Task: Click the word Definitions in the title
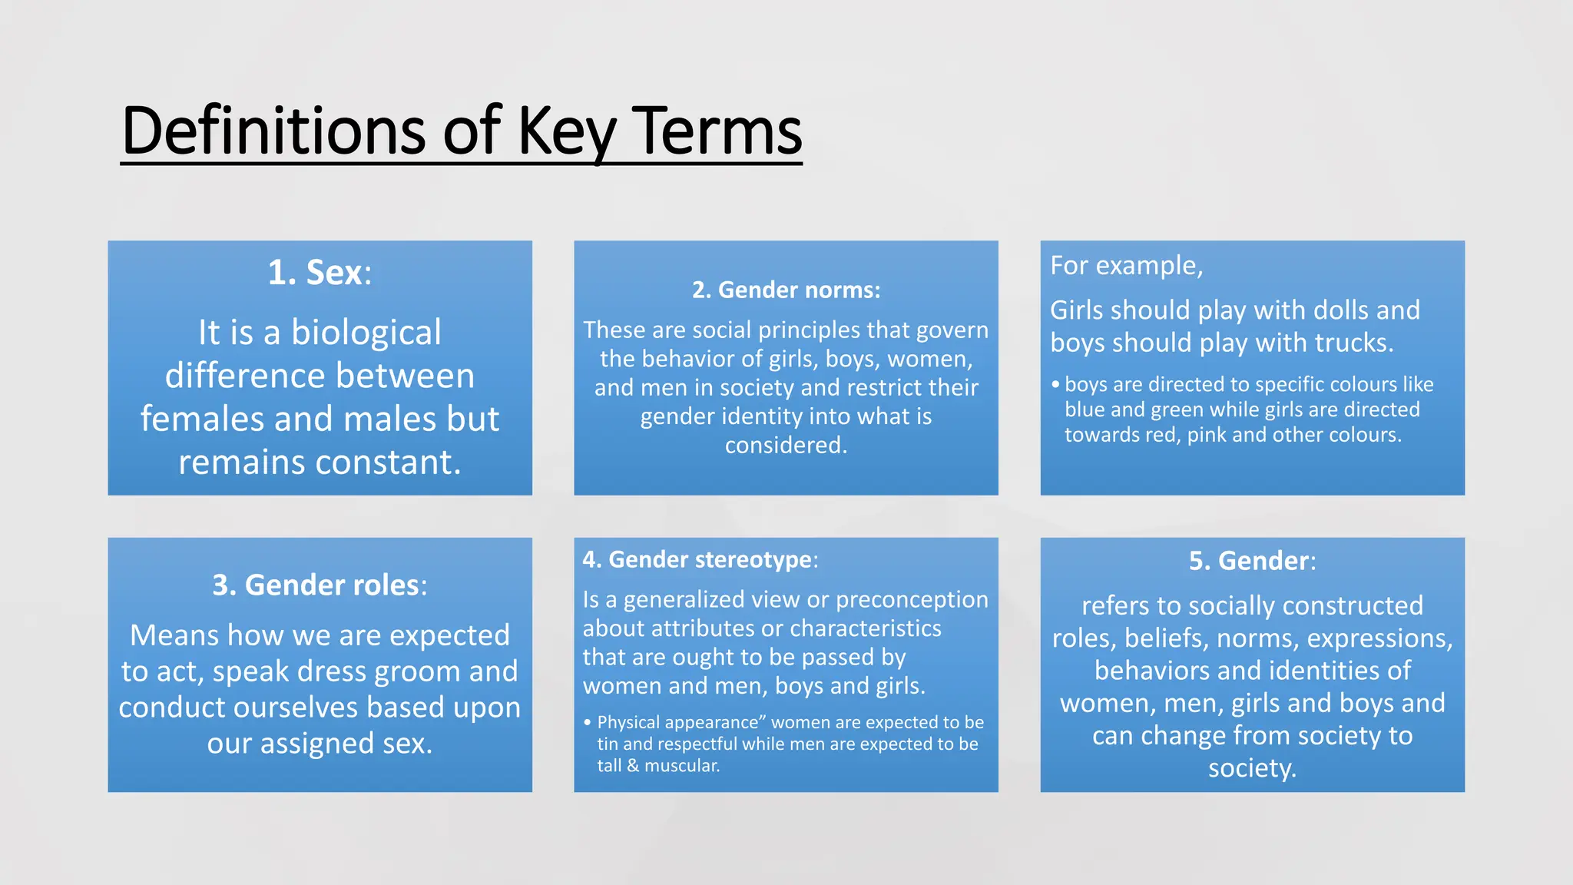[273, 131]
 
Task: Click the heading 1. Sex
[320, 273]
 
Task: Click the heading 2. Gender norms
[786, 290]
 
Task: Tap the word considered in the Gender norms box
[785, 446]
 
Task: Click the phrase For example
[1126, 266]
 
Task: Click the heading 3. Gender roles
[320, 585]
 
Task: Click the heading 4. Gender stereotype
[700, 560]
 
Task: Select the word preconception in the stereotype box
[912, 600]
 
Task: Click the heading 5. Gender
[1252, 561]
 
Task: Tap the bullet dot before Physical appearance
[587, 723]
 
